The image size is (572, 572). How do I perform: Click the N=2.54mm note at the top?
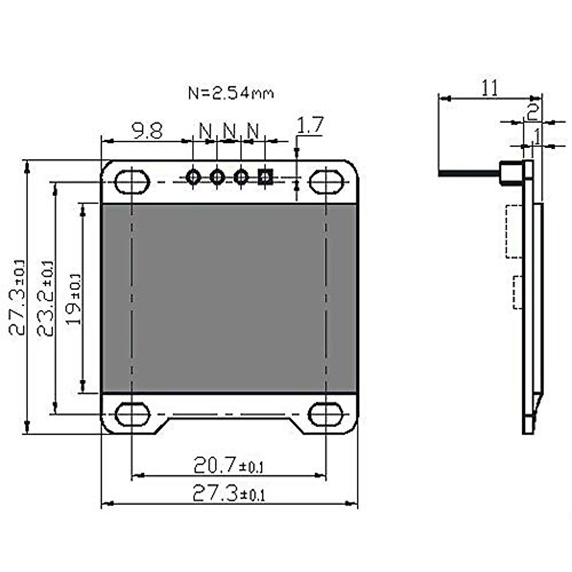231,92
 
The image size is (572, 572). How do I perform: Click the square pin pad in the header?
265,177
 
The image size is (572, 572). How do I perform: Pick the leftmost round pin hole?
193,177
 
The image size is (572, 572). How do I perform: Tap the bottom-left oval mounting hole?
132,414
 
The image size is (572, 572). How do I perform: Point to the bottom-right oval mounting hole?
327,414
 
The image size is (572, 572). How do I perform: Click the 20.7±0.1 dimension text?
228,465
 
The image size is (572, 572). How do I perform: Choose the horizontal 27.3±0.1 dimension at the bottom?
228,493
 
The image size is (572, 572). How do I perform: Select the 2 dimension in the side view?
532,112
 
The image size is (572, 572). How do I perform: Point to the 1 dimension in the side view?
537,137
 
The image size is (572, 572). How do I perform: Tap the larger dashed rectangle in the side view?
515,231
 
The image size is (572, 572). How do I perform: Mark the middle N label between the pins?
229,130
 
